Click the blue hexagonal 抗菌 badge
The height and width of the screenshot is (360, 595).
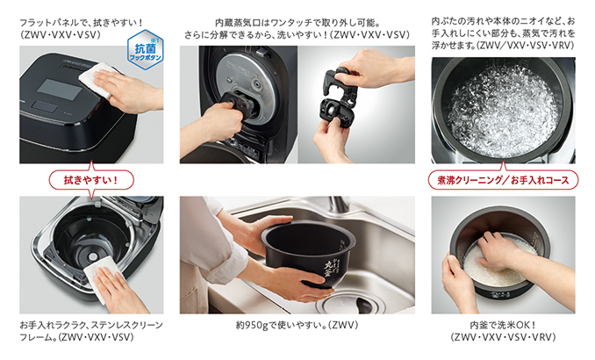pyautogui.click(x=146, y=49)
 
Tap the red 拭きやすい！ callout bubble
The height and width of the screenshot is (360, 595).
pyautogui.click(x=91, y=180)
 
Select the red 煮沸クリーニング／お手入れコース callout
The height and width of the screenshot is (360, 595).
pyautogui.click(x=503, y=180)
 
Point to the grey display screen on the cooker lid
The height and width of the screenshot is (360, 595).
pyautogui.click(x=61, y=90)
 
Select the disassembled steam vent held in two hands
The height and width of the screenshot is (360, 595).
pyautogui.click(x=339, y=102)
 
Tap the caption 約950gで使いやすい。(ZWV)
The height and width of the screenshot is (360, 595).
pyautogui.click(x=297, y=326)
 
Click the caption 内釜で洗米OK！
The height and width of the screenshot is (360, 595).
pyautogui.click(x=503, y=326)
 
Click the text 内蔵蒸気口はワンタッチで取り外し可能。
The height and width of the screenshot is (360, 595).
pyautogui.click(x=297, y=23)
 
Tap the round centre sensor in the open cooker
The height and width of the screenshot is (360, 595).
pyautogui.click(x=93, y=257)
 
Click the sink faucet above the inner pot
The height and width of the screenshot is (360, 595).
pyautogui.click(x=337, y=205)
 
